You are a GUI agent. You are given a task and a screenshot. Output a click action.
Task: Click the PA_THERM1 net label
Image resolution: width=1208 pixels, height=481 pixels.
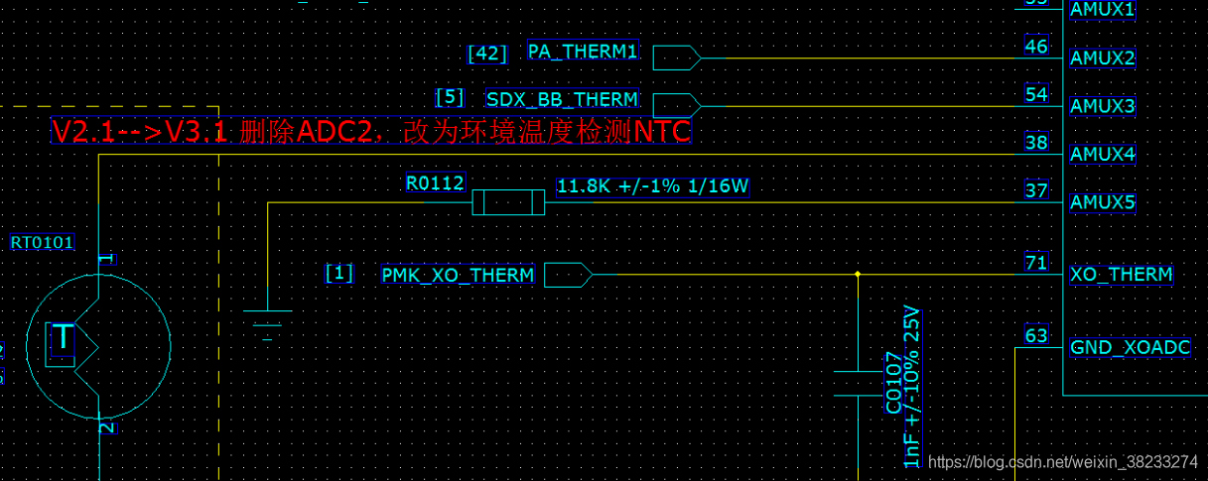pos(583,52)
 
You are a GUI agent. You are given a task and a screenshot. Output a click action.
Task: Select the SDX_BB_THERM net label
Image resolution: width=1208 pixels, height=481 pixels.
pos(562,99)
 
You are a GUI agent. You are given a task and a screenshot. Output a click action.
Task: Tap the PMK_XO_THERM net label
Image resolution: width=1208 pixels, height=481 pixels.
pos(458,274)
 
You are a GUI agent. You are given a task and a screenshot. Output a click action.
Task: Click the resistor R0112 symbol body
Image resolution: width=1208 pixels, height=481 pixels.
pos(508,203)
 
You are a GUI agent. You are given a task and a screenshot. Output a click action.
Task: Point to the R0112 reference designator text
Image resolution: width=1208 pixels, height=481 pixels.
pos(435,183)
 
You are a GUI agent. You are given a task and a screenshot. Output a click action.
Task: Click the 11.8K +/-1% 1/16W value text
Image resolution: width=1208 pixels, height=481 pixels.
pos(652,186)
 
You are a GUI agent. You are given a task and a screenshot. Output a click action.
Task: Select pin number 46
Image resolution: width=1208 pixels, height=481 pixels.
pos(1035,46)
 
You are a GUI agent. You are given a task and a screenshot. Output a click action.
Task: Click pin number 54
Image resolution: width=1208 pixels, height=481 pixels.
pos(1035,94)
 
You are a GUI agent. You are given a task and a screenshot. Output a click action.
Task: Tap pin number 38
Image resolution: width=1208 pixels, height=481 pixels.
pos(1035,142)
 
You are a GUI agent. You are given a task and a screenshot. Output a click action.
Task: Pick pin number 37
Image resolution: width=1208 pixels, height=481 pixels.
pos(1035,190)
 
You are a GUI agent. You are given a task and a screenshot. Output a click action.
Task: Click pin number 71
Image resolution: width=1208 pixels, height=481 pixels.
pos(1035,263)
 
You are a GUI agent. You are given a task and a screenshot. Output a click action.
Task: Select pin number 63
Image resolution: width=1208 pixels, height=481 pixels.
pos(1035,335)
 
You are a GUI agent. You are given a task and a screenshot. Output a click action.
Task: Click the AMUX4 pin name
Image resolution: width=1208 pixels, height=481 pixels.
pos(1102,155)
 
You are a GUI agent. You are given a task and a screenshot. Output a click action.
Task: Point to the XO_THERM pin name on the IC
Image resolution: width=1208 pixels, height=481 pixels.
pos(1121,275)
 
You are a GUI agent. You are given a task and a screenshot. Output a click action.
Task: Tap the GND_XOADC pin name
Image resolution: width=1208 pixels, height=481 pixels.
pos(1130,348)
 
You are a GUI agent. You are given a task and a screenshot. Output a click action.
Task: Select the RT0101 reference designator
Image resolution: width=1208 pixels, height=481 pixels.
pos(42,242)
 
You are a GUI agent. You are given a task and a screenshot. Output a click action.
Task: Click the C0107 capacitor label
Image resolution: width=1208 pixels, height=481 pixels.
pos(893,383)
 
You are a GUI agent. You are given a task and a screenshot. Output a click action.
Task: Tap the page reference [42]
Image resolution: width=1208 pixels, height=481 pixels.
pos(486,54)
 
